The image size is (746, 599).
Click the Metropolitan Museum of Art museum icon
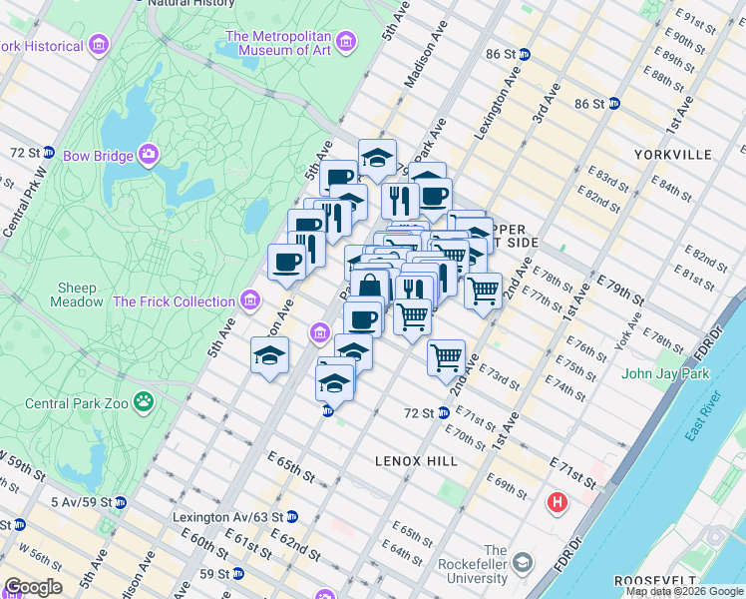pyautogui.click(x=346, y=42)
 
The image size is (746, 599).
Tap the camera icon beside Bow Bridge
pyautogui.click(x=149, y=155)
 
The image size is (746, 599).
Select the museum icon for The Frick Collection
pyautogui.click(x=250, y=300)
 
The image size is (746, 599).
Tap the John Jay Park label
pyautogui.click(x=663, y=374)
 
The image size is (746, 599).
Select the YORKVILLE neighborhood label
pyautogui.click(x=673, y=155)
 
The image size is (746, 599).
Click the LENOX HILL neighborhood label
pyautogui.click(x=416, y=461)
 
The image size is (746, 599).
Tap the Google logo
pyautogui.click(x=32, y=587)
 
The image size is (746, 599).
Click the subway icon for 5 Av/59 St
pyautogui.click(x=120, y=501)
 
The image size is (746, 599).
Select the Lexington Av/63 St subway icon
pyautogui.click(x=291, y=517)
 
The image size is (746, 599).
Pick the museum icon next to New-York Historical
pyautogui.click(x=98, y=46)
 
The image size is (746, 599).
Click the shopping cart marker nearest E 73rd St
pyautogui.click(x=446, y=356)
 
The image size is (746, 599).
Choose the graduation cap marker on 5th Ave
pyautogui.click(x=269, y=356)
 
